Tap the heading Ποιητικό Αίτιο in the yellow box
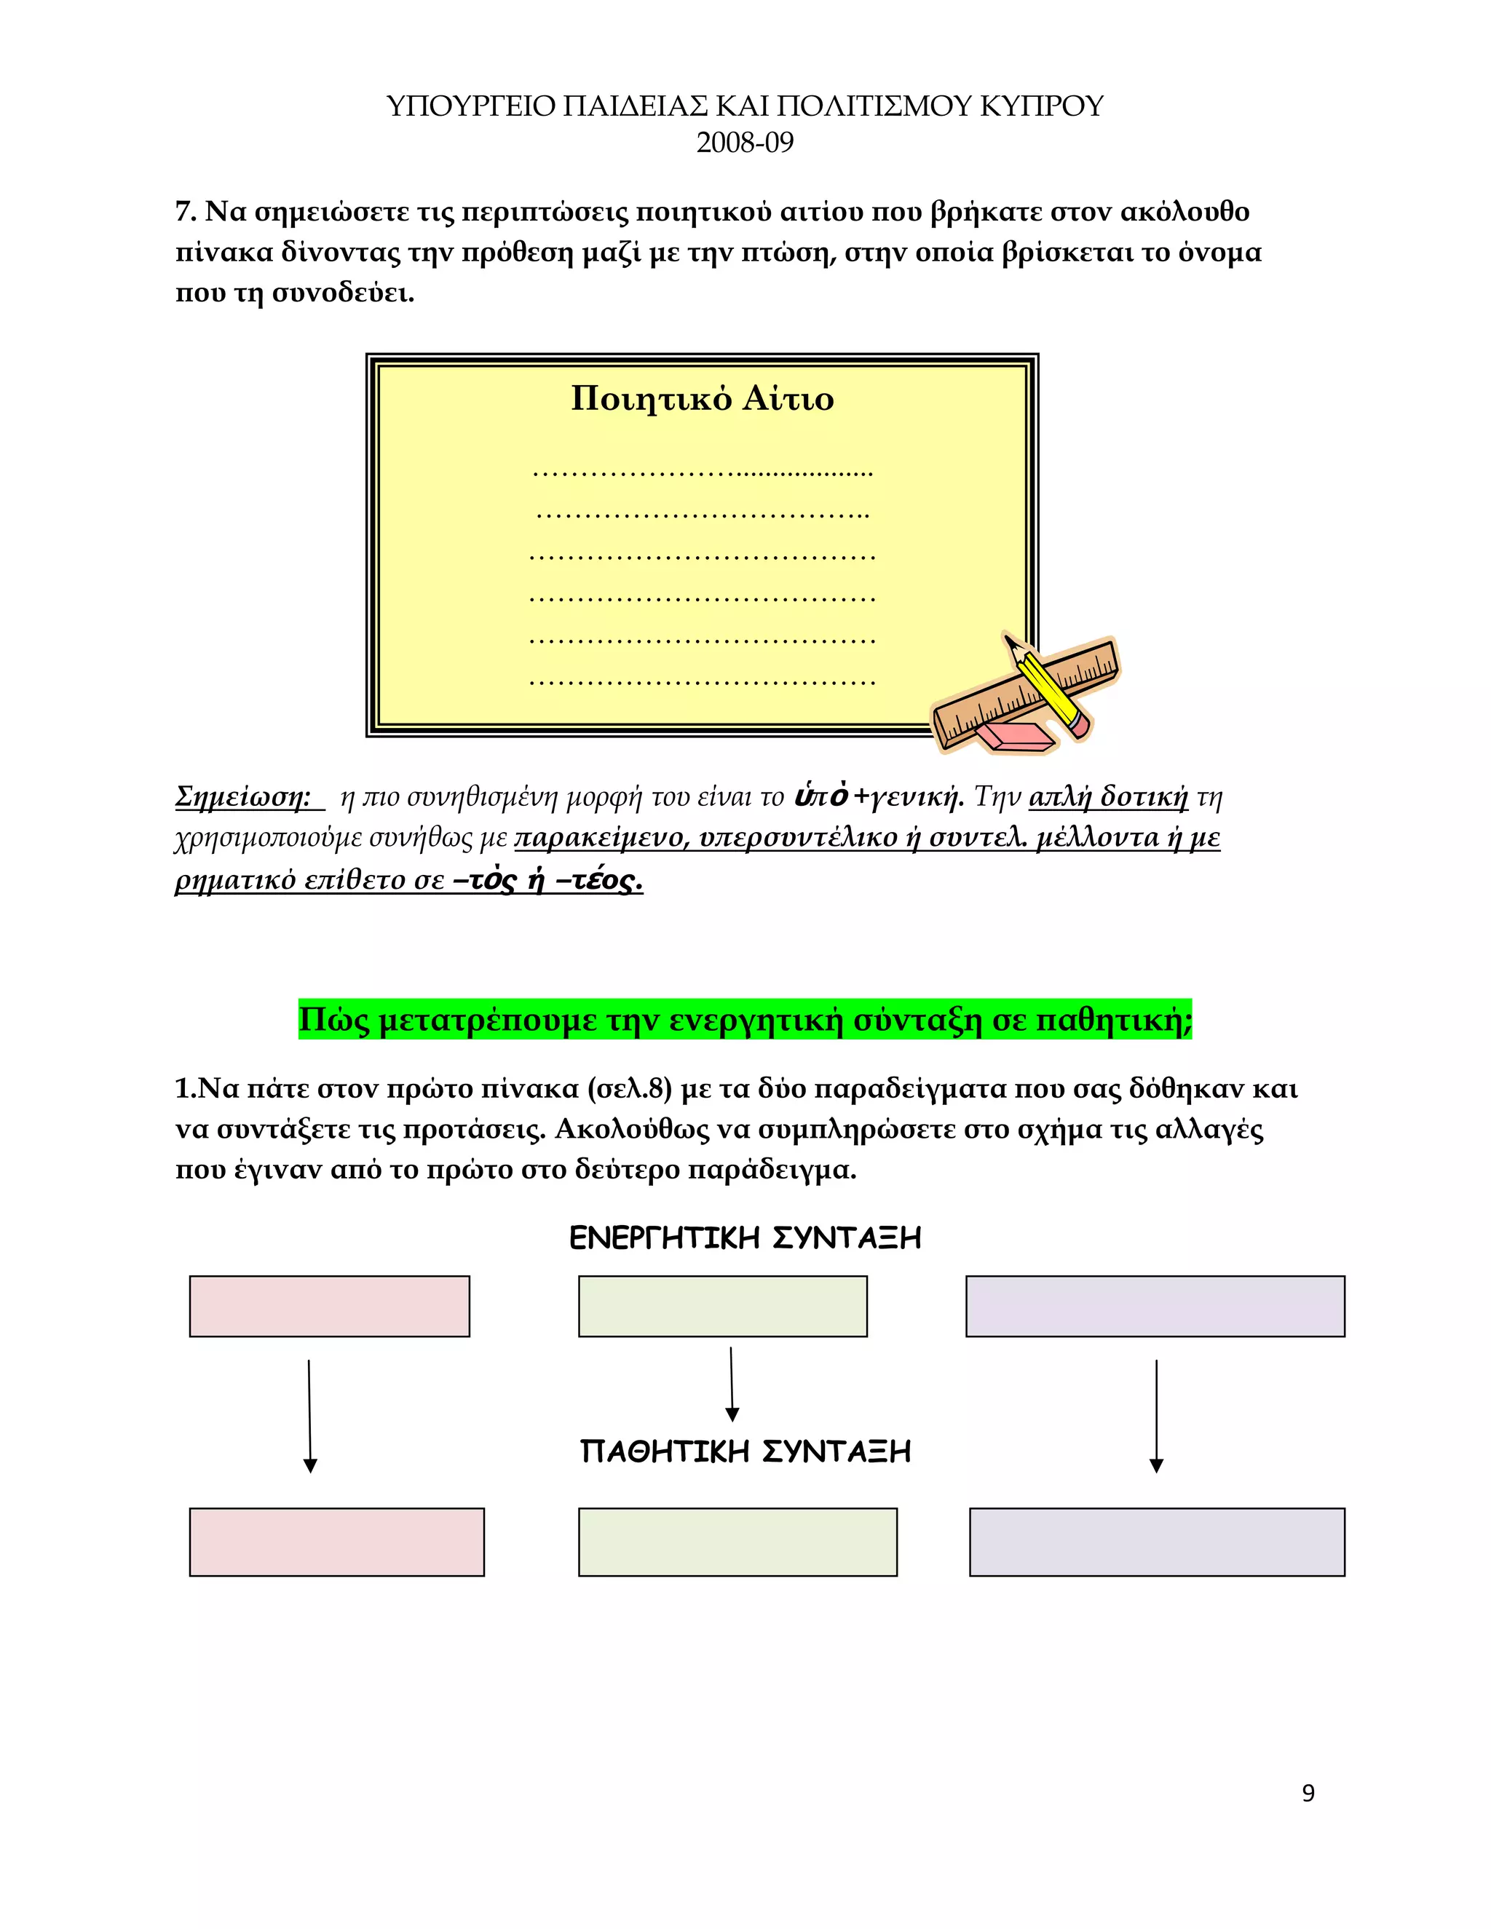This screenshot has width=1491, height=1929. point(703,398)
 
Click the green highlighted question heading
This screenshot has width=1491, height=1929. point(745,1019)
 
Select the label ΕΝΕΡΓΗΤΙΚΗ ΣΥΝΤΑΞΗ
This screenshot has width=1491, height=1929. point(745,1238)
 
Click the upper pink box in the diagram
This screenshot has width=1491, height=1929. point(330,1305)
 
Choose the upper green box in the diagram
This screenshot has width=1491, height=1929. point(722,1305)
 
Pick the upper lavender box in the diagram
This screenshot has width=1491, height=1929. point(1155,1305)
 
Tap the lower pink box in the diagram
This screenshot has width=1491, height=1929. point(336,1541)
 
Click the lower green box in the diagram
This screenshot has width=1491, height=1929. point(737,1541)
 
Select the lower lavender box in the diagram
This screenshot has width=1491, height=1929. point(1156,1541)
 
